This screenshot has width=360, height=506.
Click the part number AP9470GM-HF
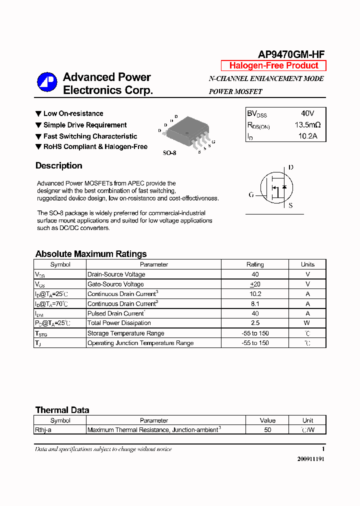pyautogui.click(x=291, y=54)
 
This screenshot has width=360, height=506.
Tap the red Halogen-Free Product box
pyautogui.click(x=273, y=65)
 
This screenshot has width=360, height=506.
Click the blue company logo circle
pyautogui.click(x=47, y=82)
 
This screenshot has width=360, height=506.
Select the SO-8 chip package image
pyautogui.click(x=186, y=132)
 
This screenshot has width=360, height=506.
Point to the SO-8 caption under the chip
pyautogui.click(x=169, y=153)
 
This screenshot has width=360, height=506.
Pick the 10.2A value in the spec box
pyautogui.click(x=307, y=136)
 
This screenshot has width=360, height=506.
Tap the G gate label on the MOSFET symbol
pyautogui.click(x=251, y=194)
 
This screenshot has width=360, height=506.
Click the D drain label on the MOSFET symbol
pyautogui.click(x=290, y=167)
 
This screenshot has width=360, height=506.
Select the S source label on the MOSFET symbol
pyautogui.click(x=290, y=205)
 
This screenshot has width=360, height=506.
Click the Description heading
pyautogui.click(x=58, y=166)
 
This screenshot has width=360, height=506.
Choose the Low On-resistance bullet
pyautogui.click(x=73, y=113)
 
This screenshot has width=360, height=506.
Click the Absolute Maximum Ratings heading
pyautogui.click(x=91, y=254)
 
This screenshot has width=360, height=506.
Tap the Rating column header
pyautogui.click(x=255, y=264)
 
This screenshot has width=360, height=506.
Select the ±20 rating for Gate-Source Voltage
pyautogui.click(x=255, y=284)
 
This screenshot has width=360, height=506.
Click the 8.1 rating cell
pyautogui.click(x=255, y=303)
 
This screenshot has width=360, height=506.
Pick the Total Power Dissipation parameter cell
pyautogui.click(x=119, y=323)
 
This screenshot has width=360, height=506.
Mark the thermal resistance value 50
pyautogui.click(x=267, y=430)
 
